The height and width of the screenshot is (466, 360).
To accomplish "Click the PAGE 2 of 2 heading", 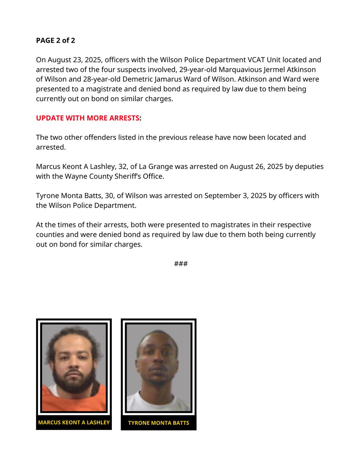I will point(56,40).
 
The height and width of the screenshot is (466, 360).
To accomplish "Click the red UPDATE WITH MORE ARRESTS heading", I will point(87,118).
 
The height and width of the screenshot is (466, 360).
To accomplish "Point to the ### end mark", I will point(181,264).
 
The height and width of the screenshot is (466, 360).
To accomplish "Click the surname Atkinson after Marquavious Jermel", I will point(301,70).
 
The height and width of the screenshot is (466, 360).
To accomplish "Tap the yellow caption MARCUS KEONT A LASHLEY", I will point(74,423).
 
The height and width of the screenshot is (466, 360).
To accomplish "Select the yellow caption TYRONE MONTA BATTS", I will point(158,423).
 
